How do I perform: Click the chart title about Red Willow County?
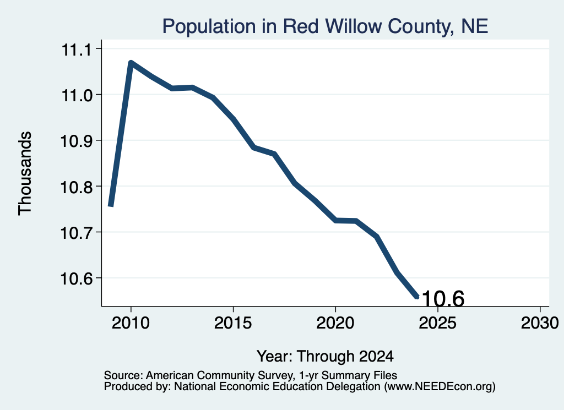pyautogui.click(x=325, y=26)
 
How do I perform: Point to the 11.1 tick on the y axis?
pyautogui.click(x=77, y=50)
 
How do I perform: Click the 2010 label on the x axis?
pyautogui.click(x=131, y=322)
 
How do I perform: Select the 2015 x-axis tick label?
pyautogui.click(x=233, y=322)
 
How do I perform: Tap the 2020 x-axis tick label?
pyautogui.click(x=335, y=322)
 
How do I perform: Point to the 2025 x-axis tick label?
pyautogui.click(x=438, y=322)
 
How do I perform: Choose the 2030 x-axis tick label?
pyautogui.click(x=540, y=322)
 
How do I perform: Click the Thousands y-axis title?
pyautogui.click(x=25, y=173)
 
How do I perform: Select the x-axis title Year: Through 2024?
pyautogui.click(x=325, y=357)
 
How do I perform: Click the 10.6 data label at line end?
pyautogui.click(x=443, y=299)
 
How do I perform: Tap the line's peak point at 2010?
pyautogui.click(x=131, y=63)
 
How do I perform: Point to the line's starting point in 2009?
pyautogui.click(x=111, y=205)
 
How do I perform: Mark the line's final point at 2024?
pyautogui.click(x=417, y=297)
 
